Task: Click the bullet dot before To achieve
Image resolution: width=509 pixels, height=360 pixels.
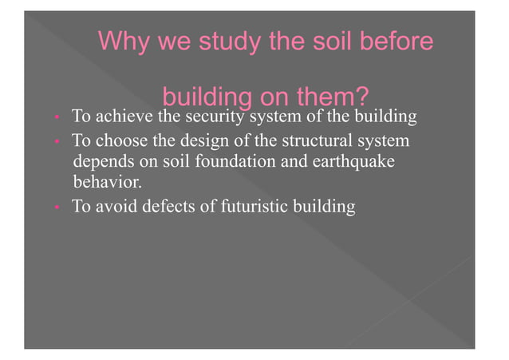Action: click(57, 119)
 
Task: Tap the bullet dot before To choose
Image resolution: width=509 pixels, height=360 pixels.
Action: click(57, 142)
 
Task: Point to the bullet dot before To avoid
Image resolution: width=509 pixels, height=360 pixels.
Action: click(57, 208)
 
